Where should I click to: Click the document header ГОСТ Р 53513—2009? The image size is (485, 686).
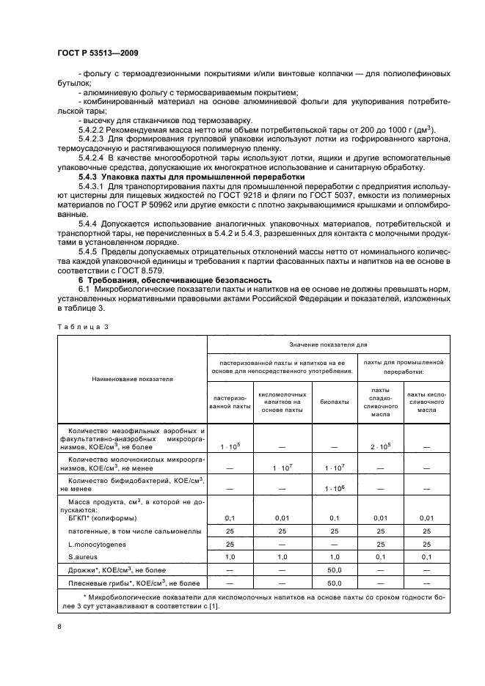pos(97,53)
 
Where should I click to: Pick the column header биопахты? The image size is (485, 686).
pos(334,402)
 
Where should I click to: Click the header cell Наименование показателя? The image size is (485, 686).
pos(133,380)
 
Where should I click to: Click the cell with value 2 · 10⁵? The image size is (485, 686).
pos(380,446)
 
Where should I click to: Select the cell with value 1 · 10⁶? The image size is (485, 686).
pos(334,488)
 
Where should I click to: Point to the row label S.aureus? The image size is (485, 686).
pos(84,557)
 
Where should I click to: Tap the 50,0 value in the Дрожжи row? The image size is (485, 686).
pos(334,569)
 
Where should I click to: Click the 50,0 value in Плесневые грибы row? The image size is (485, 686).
pos(334,583)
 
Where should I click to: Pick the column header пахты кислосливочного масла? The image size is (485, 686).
pos(427,402)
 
